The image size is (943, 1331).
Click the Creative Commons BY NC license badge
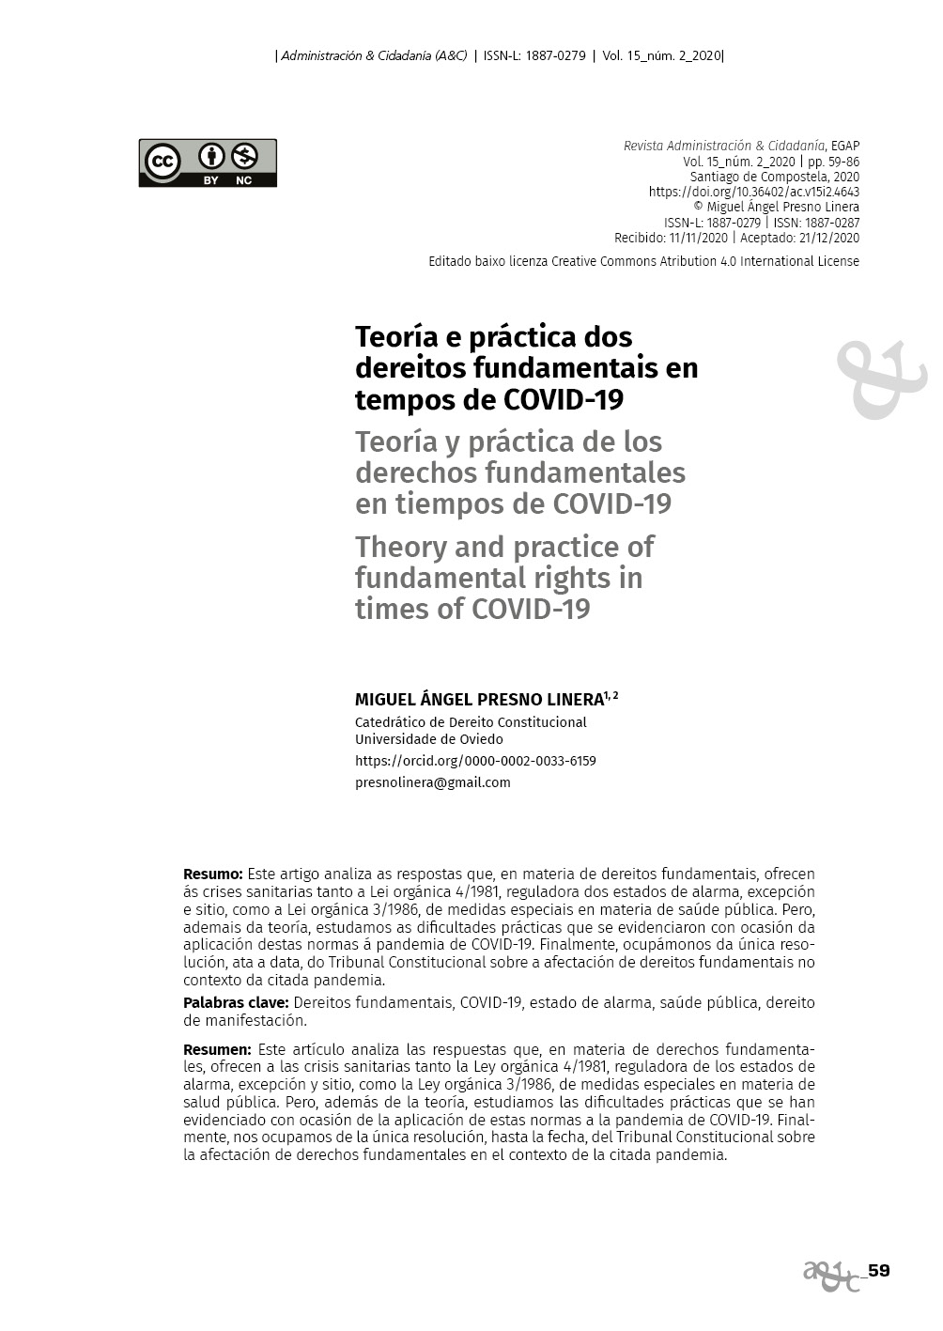click(208, 163)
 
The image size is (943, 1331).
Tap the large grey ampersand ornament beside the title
click(880, 379)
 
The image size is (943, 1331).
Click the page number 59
click(878, 1271)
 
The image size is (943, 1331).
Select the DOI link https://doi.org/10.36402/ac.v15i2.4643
click(753, 192)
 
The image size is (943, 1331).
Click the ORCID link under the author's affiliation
click(475, 761)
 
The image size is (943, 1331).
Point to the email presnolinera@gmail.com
click(433, 782)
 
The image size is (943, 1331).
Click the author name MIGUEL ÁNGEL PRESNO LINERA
click(479, 700)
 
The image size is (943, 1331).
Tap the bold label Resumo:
click(212, 874)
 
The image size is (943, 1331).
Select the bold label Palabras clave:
click(236, 1002)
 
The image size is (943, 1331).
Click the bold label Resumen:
click(217, 1049)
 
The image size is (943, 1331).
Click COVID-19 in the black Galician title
click(564, 400)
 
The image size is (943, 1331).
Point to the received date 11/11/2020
click(698, 238)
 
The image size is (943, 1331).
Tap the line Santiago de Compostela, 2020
click(774, 177)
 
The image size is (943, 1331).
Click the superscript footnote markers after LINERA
click(611, 696)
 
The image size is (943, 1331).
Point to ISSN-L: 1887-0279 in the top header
click(534, 55)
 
